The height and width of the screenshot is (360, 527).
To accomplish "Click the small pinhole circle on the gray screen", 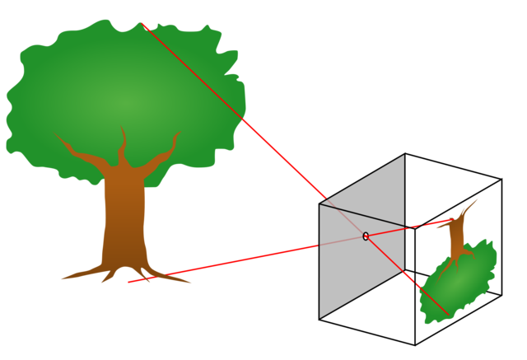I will (366, 236).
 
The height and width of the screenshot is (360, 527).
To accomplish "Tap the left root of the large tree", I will (78, 274).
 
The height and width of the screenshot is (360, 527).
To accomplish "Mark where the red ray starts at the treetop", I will (142, 24).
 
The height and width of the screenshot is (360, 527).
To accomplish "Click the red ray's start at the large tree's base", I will (128, 283).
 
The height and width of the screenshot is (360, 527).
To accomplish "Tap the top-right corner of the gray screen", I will (403, 156).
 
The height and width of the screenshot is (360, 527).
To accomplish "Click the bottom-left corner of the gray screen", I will (320, 317).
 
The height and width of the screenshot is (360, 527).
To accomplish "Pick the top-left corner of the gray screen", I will (320, 204).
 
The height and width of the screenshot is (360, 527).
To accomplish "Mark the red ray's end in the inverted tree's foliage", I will (448, 314).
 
